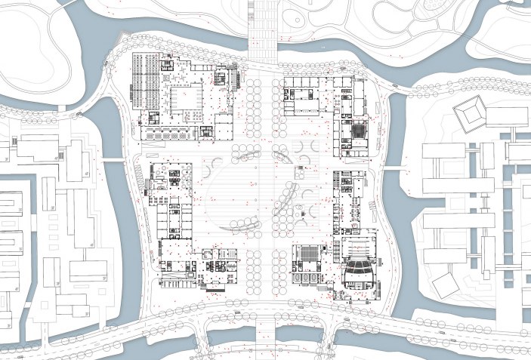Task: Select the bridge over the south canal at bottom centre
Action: (x=265, y=331)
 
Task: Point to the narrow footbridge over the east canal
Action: (x=393, y=168)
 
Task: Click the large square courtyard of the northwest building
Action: (x=184, y=99)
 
